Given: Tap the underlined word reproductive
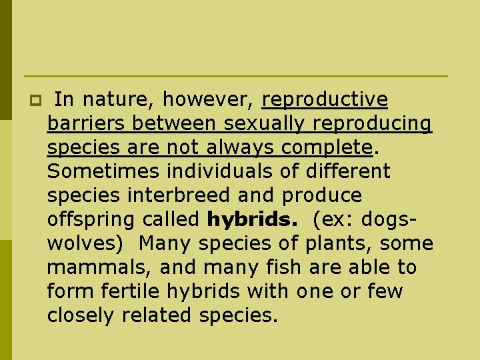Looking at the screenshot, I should [x=325, y=100].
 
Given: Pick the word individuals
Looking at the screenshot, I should [x=220, y=172].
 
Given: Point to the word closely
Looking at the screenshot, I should [x=81, y=316].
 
